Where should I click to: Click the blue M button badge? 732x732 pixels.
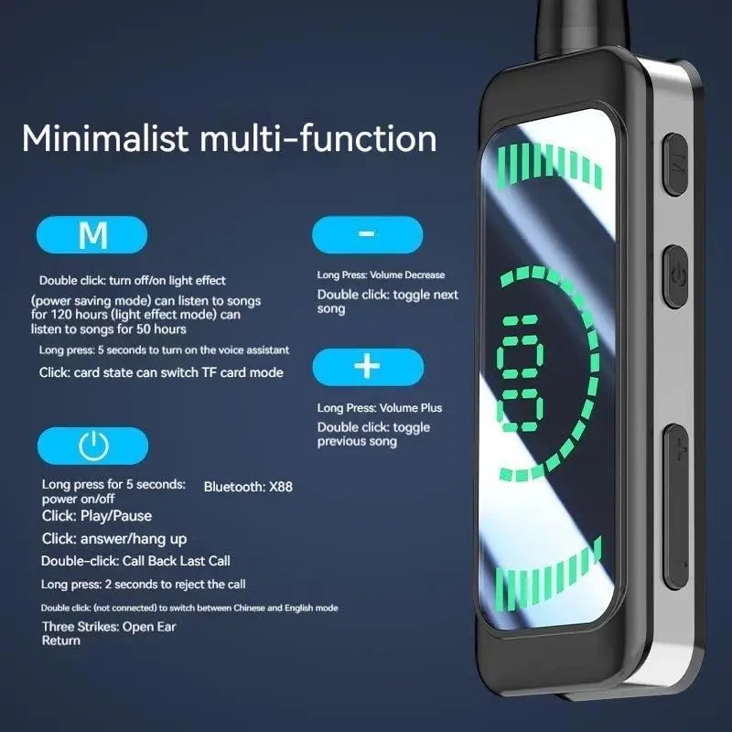tap(91, 234)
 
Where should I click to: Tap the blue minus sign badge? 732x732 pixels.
tap(366, 234)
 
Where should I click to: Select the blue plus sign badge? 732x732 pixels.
tap(366, 366)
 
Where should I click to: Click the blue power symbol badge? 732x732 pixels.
tap(91, 446)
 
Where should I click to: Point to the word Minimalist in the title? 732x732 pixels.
tap(106, 138)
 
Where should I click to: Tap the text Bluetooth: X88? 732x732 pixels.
tap(248, 487)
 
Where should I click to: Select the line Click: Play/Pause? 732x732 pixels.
tap(97, 516)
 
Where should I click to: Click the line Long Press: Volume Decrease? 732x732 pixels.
tap(381, 274)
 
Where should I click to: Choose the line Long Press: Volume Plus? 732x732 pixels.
tap(380, 407)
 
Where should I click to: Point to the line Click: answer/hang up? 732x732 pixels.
tap(114, 539)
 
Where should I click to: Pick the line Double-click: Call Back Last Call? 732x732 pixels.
tap(135, 561)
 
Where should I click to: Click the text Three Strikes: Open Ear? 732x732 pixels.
tap(109, 627)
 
